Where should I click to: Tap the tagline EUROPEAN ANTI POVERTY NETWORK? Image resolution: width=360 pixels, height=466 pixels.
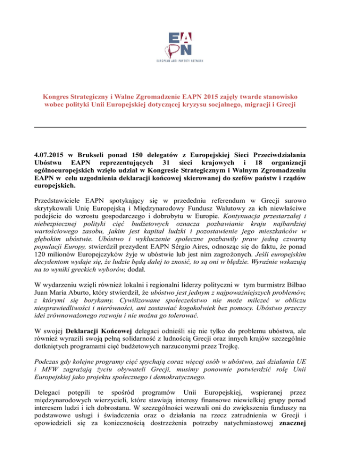click(180, 61)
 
